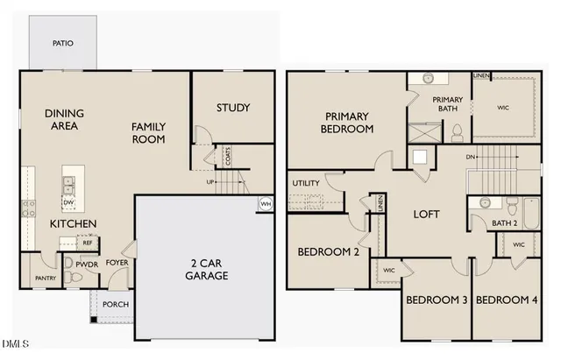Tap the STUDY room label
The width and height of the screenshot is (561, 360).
point(233,109)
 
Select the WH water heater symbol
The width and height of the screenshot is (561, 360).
point(265,204)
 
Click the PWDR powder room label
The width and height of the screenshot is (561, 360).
point(86,263)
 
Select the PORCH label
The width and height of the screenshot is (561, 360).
point(116,304)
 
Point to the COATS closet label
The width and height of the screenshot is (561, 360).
point(228,157)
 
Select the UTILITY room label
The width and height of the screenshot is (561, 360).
point(306,183)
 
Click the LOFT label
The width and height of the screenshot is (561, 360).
point(426,215)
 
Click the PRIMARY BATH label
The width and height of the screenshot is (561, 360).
point(448,105)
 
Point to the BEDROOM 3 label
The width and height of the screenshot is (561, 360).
point(437,300)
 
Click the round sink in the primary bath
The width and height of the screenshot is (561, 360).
point(430,79)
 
